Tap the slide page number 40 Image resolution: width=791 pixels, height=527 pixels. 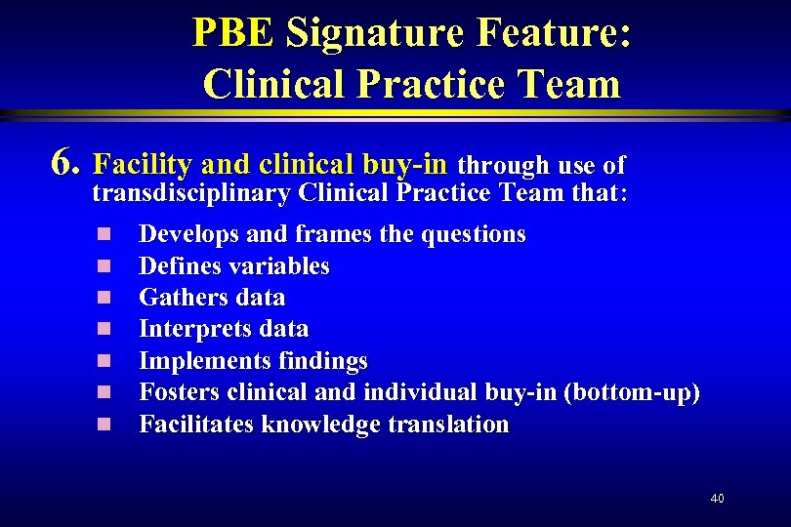coord(718,499)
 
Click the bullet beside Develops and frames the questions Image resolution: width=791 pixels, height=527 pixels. coord(104,235)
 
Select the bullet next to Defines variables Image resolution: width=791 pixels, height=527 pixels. coord(104,266)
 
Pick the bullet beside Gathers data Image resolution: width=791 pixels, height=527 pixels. coord(104,298)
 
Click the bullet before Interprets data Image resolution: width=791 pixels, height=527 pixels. coord(104,330)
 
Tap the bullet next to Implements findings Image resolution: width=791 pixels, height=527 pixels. coord(104,361)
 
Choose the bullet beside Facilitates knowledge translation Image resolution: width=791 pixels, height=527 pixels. coord(104,425)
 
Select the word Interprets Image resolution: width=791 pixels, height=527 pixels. coord(191,330)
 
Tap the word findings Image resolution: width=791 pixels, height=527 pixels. coord(321,361)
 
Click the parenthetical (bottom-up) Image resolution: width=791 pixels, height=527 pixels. coord(634,393)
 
